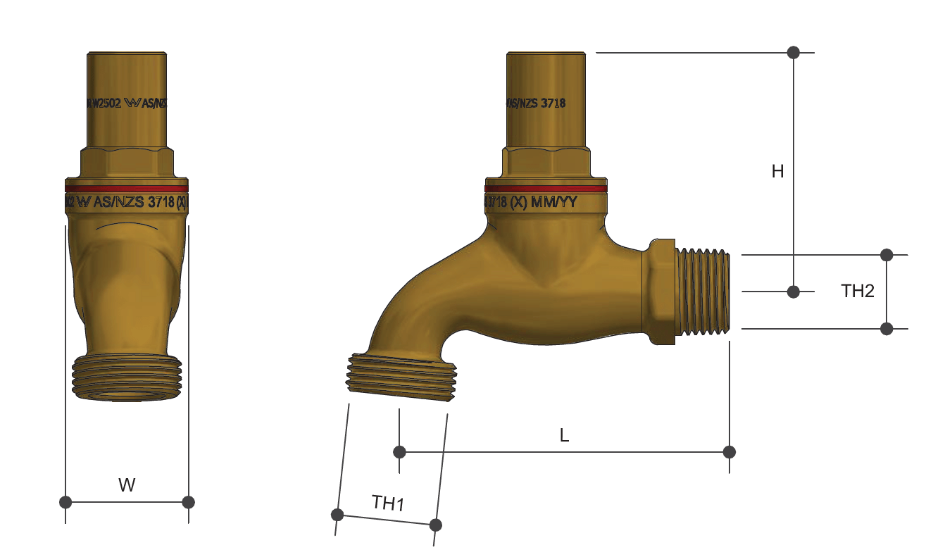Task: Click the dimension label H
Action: (777, 171)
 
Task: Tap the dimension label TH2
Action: (858, 291)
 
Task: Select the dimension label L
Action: (564, 436)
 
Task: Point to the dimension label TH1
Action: (388, 503)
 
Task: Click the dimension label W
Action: (127, 484)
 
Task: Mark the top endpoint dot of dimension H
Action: (794, 52)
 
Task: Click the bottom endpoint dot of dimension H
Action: (794, 291)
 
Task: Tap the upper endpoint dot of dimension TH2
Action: (887, 254)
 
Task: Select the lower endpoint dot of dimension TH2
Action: (887, 328)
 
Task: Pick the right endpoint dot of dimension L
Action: (730, 451)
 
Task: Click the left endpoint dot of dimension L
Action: (399, 451)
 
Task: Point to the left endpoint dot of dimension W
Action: (65, 502)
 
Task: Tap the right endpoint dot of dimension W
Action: (188, 502)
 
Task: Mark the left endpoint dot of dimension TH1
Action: (337, 514)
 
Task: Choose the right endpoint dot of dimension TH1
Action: (435, 525)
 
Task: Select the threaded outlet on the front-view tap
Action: (127, 378)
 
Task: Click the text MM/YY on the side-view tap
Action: (554, 203)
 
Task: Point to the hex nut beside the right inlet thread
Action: (659, 291)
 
